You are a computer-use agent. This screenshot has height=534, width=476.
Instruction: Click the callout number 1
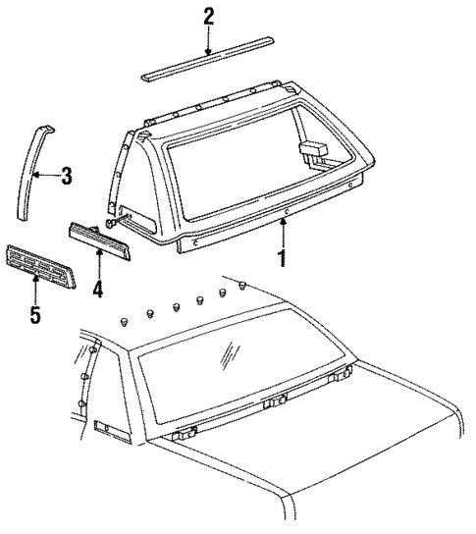click(x=283, y=258)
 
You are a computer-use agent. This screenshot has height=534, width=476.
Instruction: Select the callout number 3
click(x=66, y=177)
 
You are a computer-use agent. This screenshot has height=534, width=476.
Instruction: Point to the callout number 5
click(x=35, y=316)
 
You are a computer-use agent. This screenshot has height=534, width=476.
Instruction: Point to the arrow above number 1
click(x=283, y=229)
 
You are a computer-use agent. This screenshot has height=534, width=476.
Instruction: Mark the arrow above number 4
click(x=98, y=261)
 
